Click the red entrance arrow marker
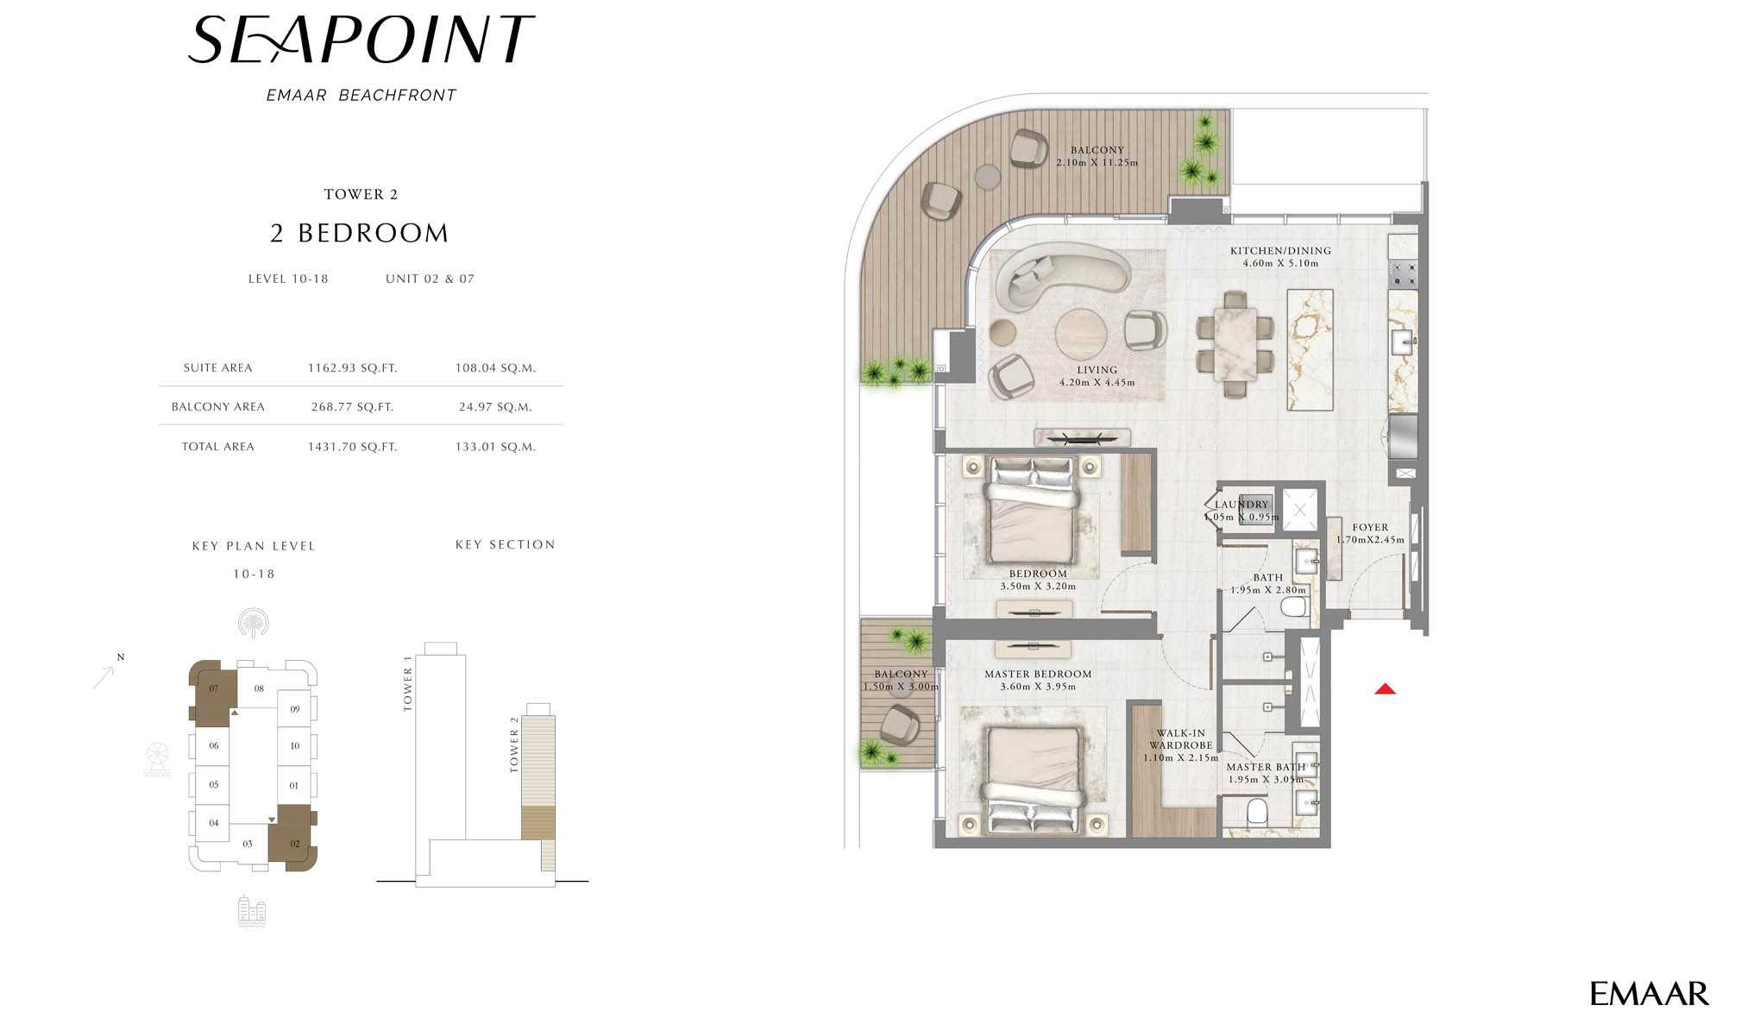[x=1385, y=688]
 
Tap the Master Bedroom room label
[x=1038, y=674]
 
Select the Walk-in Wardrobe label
[x=1180, y=739]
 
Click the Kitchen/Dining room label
[x=1280, y=251]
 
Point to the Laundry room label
[x=1241, y=505]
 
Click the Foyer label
[x=1370, y=527]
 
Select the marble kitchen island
[x=1310, y=349]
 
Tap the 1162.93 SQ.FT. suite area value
[x=352, y=368]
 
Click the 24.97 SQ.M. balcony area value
[x=495, y=406]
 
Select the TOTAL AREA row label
[x=217, y=446]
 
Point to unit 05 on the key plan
[x=213, y=784]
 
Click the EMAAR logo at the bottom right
[x=1649, y=993]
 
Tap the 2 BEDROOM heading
[x=359, y=233]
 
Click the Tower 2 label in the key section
[x=514, y=744]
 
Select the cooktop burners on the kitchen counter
[x=1403, y=274]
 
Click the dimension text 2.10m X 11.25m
[x=1097, y=162]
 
